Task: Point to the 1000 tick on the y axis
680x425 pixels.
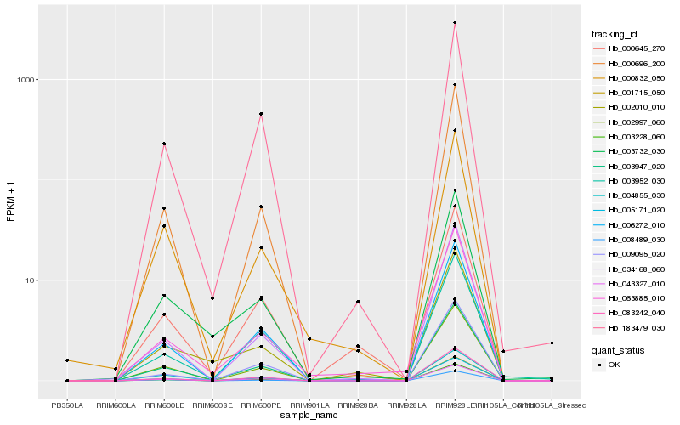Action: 27,80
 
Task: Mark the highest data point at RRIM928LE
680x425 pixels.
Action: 455,22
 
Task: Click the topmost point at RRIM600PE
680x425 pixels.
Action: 261,114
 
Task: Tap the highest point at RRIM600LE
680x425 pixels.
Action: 164,144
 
